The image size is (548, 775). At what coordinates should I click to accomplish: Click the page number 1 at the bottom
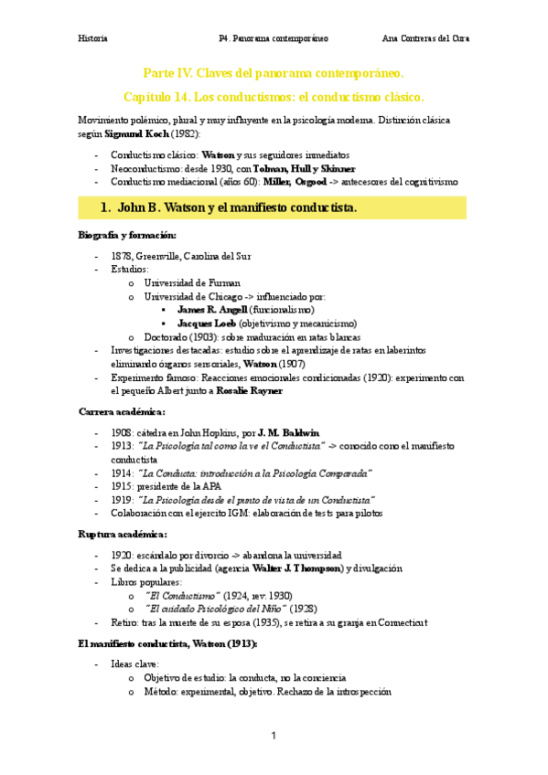273,736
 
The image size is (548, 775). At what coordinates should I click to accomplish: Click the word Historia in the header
92,38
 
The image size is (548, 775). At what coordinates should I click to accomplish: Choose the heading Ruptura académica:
123,534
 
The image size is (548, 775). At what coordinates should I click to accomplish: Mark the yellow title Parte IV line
273,73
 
